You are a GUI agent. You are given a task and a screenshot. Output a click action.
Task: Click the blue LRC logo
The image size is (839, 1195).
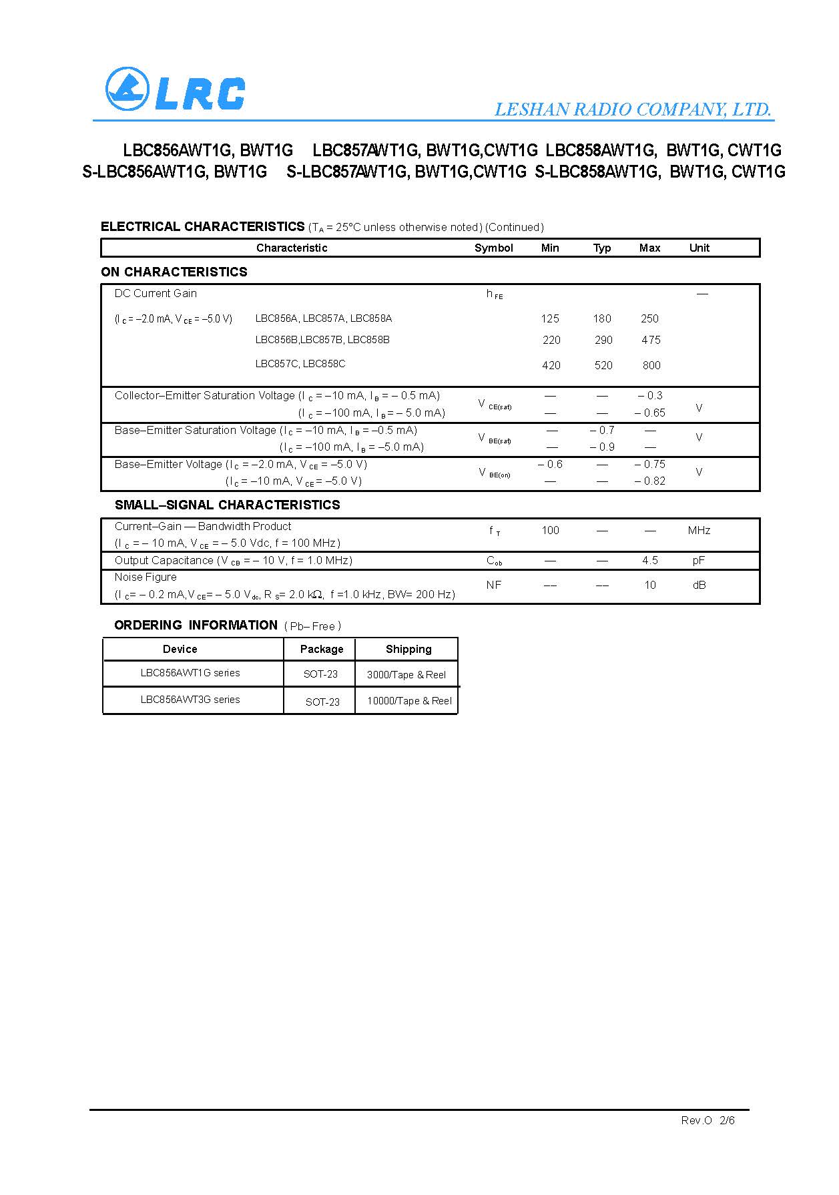pos(175,90)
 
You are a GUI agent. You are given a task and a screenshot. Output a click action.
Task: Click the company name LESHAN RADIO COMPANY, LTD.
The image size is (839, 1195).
pos(633,109)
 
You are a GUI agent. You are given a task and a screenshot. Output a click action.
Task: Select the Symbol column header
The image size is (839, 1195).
pos(493,248)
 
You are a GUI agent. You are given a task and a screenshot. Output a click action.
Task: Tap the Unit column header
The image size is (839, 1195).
pos(699,248)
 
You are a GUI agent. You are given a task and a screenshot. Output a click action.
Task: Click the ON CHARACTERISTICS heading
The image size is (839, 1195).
pos(174,272)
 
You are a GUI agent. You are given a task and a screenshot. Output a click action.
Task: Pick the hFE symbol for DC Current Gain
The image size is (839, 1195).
pos(494,294)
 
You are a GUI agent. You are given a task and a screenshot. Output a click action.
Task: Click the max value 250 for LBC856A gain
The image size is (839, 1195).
pos(649,318)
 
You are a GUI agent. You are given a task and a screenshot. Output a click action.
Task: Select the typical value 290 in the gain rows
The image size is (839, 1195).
pos(603,340)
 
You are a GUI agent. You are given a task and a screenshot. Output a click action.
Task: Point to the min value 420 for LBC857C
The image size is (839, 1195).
pos(551,365)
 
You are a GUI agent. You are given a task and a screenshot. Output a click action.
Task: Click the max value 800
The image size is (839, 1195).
pos(651,365)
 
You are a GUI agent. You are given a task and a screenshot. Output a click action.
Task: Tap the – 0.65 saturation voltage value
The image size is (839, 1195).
pos(650,413)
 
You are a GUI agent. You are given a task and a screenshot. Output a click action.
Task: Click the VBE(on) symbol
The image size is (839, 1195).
pos(494,473)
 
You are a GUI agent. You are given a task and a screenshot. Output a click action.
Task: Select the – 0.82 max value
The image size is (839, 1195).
pos(650,481)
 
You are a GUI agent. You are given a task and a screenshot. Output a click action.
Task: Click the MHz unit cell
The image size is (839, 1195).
pos(699,530)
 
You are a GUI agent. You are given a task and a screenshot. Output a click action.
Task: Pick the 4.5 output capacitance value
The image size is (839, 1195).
pos(650,560)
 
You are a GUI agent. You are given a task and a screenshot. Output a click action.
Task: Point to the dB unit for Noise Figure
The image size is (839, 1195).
pos(699,585)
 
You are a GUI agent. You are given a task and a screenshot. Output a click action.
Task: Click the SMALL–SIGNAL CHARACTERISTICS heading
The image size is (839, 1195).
pos(227,505)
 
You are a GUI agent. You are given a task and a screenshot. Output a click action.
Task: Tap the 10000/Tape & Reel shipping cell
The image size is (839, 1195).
pos(409,700)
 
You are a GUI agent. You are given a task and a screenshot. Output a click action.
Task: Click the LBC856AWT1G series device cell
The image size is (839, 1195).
pos(190,673)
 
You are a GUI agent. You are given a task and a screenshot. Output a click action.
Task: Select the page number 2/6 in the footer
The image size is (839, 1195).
pos(727,1120)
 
